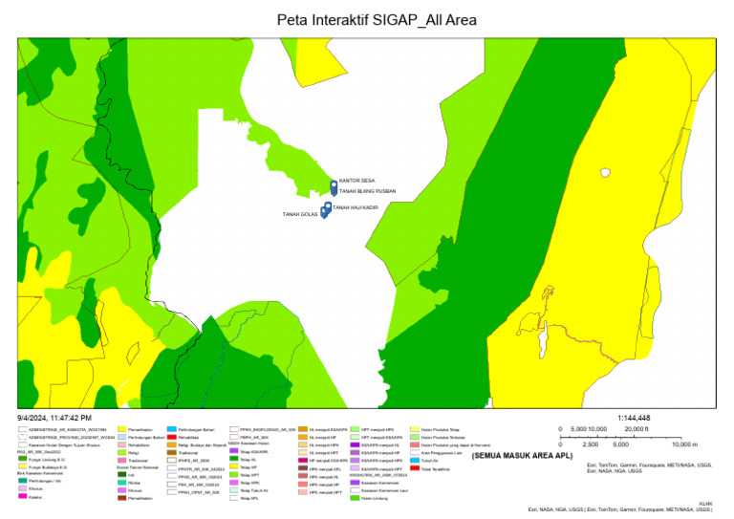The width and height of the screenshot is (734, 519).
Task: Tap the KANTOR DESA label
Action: coord(357,179)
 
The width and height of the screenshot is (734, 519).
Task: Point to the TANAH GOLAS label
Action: coord(299,214)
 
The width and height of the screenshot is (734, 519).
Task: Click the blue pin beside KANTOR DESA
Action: coord(334,185)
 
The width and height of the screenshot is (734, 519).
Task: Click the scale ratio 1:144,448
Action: coord(634,419)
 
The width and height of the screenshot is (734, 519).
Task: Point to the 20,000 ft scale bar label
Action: coord(637,430)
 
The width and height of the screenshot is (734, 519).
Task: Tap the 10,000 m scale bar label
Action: coord(684,444)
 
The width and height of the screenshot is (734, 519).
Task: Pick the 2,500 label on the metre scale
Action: coord(591,444)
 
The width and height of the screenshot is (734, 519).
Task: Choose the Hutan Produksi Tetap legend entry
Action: coord(440,430)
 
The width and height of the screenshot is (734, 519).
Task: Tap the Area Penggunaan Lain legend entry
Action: coord(443,452)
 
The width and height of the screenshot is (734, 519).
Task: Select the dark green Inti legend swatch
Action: coord(121,475)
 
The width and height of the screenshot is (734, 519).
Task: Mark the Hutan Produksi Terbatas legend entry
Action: coord(443,438)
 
